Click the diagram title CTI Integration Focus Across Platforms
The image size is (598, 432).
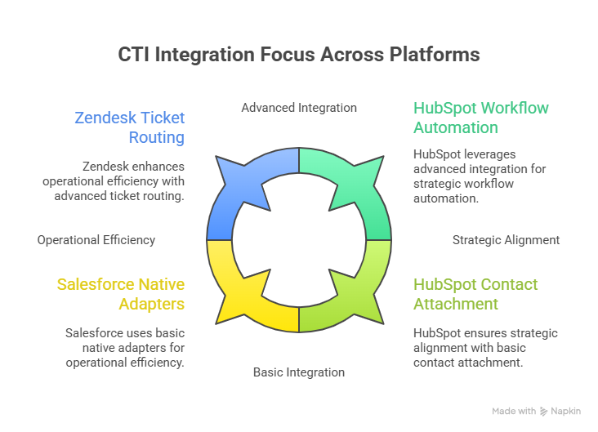(x=299, y=55)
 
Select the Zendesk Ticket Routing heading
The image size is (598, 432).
(x=129, y=127)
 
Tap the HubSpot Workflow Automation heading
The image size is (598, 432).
(x=480, y=118)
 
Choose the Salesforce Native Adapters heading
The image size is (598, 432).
(x=120, y=294)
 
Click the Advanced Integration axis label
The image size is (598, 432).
(x=299, y=107)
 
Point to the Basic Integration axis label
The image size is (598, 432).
(x=299, y=372)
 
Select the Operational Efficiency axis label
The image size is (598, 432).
(x=96, y=240)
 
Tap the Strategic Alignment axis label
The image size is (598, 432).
(x=506, y=240)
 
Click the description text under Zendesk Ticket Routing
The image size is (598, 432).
(x=114, y=180)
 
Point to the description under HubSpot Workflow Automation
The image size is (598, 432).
(x=480, y=176)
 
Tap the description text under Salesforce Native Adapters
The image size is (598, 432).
(x=124, y=347)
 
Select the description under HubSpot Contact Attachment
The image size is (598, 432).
(x=485, y=347)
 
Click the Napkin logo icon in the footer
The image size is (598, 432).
(x=544, y=412)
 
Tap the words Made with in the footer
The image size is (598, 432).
(x=514, y=412)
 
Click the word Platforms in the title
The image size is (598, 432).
(x=440, y=55)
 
